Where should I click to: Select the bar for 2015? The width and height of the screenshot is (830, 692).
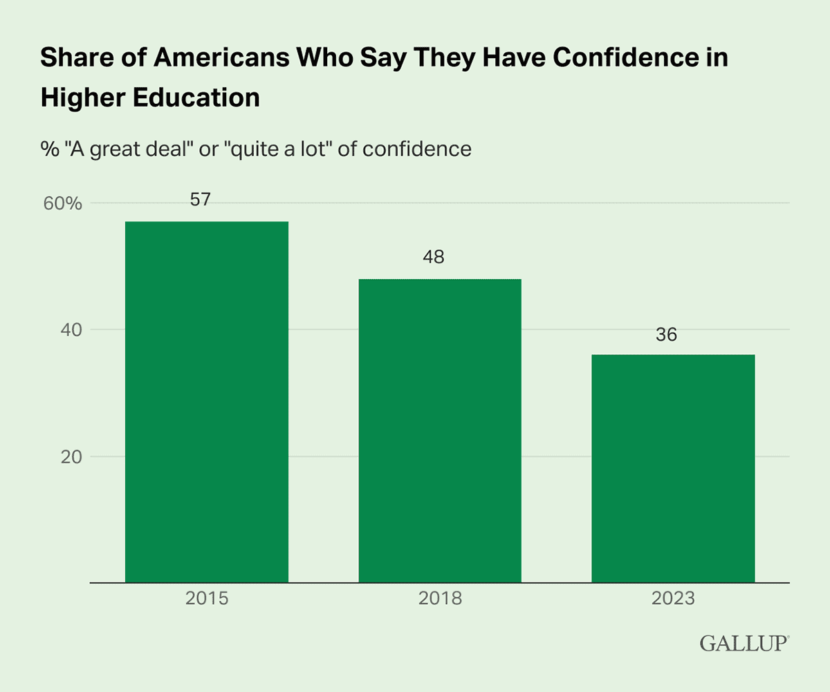[207, 401]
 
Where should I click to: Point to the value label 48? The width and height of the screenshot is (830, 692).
[433, 257]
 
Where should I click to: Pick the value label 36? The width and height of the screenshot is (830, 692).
[667, 335]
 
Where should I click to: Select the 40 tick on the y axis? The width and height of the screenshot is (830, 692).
[69, 331]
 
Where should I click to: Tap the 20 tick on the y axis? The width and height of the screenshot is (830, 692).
[69, 457]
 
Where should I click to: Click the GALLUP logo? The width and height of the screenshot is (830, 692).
[743, 642]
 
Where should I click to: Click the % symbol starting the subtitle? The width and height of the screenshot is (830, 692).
[48, 149]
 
